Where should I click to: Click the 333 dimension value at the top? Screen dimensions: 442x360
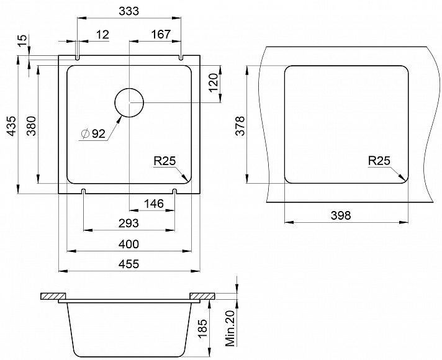click(129, 11)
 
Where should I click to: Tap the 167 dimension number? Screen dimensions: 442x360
click(161, 34)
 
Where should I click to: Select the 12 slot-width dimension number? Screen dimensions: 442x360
click(102, 34)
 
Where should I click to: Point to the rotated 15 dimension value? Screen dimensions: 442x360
click(22, 40)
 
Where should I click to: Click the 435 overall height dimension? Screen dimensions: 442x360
click(12, 126)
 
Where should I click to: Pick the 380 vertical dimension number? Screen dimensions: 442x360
click(31, 126)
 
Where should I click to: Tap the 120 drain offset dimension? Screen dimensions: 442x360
click(214, 83)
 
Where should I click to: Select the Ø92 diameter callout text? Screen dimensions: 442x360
click(92, 133)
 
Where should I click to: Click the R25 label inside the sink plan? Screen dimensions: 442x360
click(165, 161)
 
